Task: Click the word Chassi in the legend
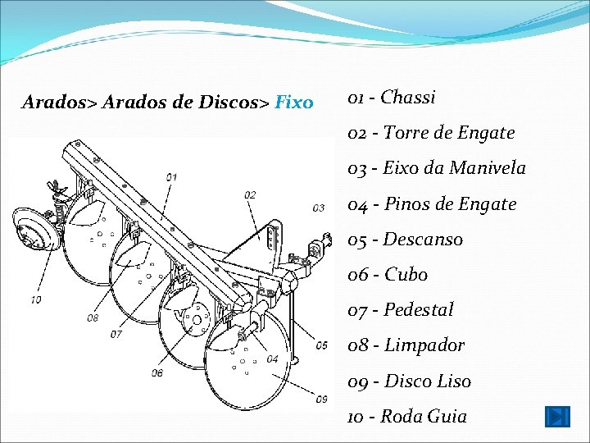click(408, 98)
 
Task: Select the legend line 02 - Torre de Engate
click(431, 133)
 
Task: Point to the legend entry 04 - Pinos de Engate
click(432, 204)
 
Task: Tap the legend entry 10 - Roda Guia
click(407, 417)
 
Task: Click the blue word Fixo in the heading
click(294, 103)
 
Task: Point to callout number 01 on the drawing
click(171, 176)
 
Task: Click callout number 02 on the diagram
click(250, 194)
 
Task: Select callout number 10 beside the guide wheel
click(36, 299)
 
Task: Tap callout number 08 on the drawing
click(93, 317)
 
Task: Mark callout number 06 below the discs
click(157, 372)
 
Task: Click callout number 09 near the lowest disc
click(321, 399)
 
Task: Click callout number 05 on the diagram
click(321, 345)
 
